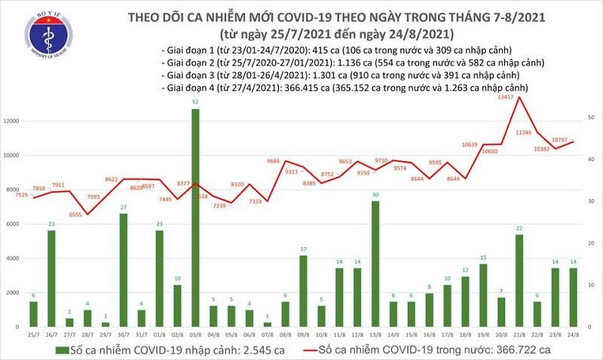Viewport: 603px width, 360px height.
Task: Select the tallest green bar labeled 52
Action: point(195,218)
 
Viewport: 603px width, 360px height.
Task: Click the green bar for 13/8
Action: point(375,264)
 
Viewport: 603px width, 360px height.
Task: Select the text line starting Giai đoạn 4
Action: point(343,88)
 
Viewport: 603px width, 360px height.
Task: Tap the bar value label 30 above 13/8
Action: point(375,194)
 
